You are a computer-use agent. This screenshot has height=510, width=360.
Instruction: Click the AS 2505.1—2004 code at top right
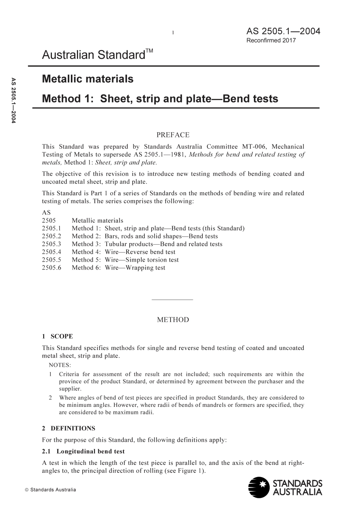tap(283, 31)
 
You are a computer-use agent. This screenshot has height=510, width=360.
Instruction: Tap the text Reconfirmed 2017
tap(271, 40)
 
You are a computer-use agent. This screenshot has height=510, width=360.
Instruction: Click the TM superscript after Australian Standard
tap(150, 51)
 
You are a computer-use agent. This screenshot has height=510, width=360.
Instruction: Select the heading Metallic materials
tap(88, 79)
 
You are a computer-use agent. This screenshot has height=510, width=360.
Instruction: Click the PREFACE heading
tap(173, 135)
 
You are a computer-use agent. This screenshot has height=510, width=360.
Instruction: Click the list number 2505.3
tap(52, 244)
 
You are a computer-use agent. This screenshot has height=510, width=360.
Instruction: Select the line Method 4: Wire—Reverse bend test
tap(124, 252)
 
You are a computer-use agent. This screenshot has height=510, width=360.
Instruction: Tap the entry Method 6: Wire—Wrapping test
tap(118, 268)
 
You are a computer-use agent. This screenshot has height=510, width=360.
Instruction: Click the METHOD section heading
tap(173, 320)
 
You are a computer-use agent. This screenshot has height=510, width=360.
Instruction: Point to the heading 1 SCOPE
tap(57, 336)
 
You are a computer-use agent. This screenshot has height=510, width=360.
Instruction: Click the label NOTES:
tap(60, 366)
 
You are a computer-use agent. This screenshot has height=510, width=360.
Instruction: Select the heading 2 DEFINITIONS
tap(69, 428)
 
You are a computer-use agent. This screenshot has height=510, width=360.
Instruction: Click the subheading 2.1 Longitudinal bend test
tap(83, 452)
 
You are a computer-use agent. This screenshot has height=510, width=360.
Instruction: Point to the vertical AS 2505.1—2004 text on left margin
tap(13, 100)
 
